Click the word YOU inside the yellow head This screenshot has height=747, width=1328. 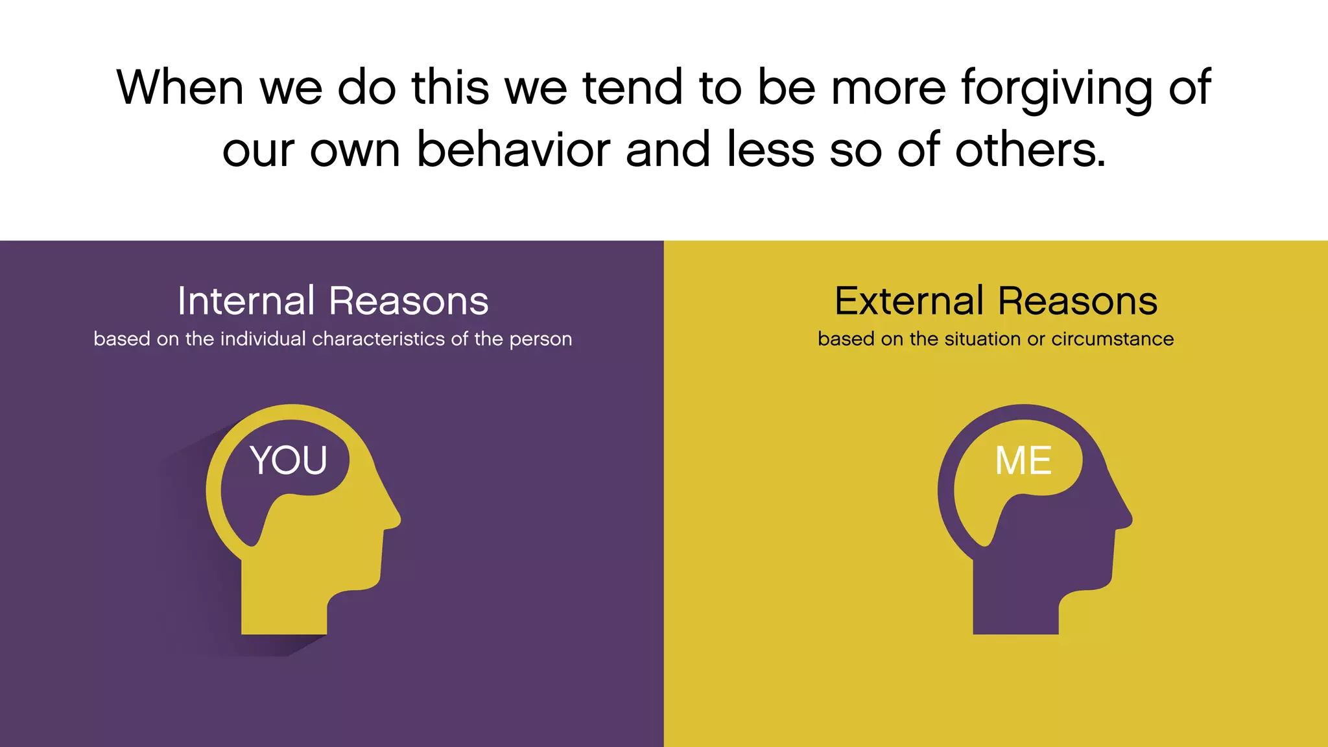[x=289, y=460]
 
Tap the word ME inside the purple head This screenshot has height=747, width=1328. [x=1023, y=460]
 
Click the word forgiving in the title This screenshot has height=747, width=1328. [x=1057, y=88]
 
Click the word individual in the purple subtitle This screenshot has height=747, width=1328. [x=263, y=338]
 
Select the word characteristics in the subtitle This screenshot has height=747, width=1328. [x=379, y=338]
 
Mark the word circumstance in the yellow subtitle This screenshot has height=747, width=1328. [x=1112, y=338]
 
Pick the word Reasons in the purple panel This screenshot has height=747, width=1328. [x=409, y=301]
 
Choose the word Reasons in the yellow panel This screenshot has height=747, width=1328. [x=1078, y=301]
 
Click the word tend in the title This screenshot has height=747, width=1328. [x=632, y=87]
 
